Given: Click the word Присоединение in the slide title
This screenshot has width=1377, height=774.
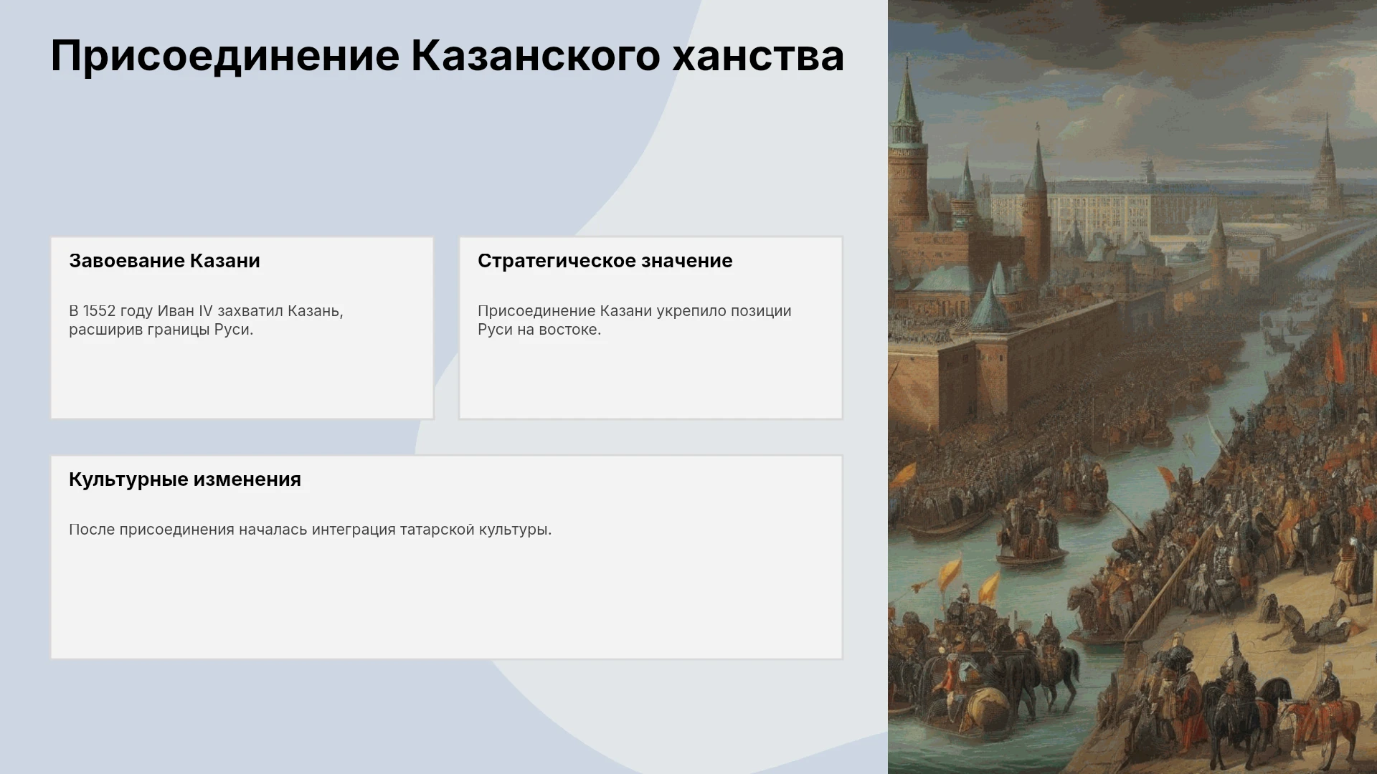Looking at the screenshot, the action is (225, 56).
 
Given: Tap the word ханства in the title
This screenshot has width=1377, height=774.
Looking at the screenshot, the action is (758, 56).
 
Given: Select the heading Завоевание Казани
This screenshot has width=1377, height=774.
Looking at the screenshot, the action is (164, 261).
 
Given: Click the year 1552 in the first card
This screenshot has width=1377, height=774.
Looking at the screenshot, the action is (99, 311).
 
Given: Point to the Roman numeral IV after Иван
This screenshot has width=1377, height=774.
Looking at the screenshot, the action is (205, 311).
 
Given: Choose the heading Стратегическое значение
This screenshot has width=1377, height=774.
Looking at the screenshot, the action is (605, 261).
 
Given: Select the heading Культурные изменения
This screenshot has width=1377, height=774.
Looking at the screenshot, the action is (185, 479).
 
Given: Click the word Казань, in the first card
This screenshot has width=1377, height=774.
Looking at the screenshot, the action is (315, 311).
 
